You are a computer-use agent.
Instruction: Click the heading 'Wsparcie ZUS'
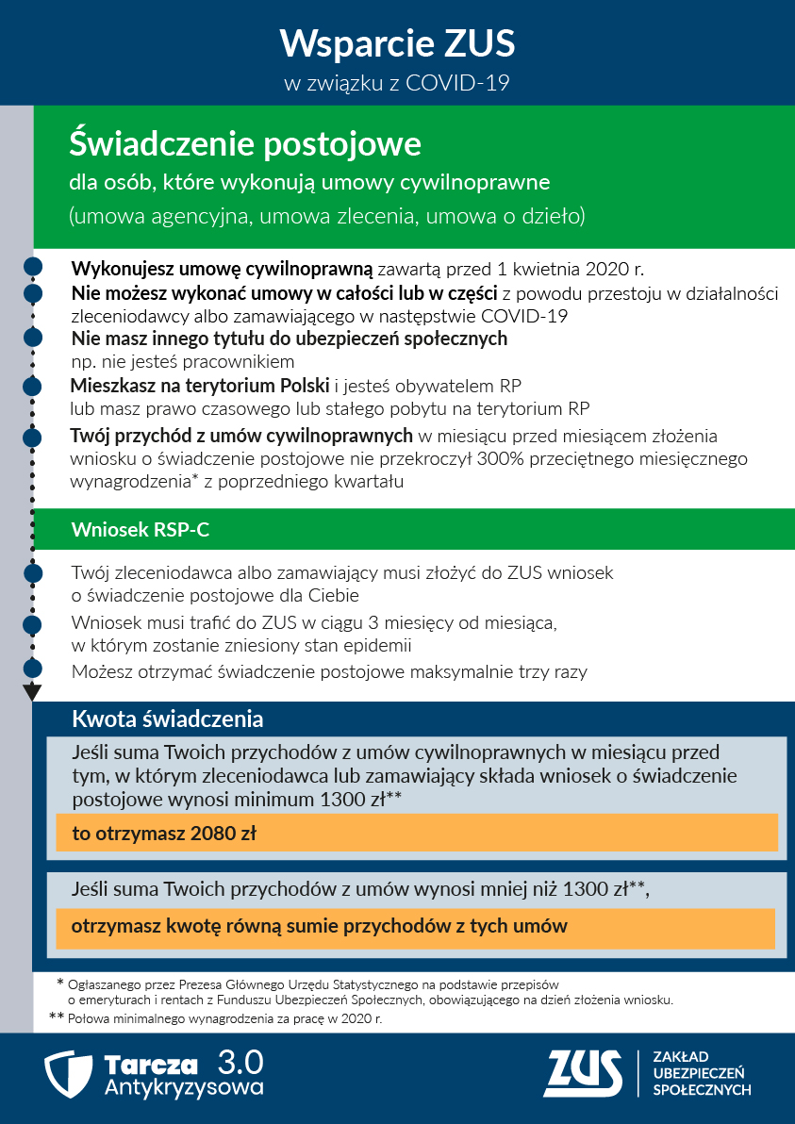pyautogui.click(x=397, y=44)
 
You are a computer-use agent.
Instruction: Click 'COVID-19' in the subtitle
pyautogui.click(x=457, y=84)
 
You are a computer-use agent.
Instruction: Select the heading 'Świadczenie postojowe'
pyautogui.click(x=245, y=144)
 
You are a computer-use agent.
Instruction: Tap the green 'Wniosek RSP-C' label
pyautogui.click(x=140, y=531)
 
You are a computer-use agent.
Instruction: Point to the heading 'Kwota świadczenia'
pyautogui.click(x=167, y=719)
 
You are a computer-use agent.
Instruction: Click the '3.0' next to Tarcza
pyautogui.click(x=240, y=1062)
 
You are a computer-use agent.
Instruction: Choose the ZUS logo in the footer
pyautogui.click(x=582, y=1074)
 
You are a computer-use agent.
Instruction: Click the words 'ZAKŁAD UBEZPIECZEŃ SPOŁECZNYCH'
pyautogui.click(x=702, y=1074)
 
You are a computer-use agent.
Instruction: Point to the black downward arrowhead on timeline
pyautogui.click(x=32, y=692)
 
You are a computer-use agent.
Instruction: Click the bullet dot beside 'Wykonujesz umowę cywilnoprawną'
pyautogui.click(x=32, y=268)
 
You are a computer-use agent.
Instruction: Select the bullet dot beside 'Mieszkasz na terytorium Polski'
pyautogui.click(x=32, y=387)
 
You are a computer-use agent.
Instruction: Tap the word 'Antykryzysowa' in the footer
pyautogui.click(x=184, y=1087)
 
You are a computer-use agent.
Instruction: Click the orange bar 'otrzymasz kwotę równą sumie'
pyautogui.click(x=415, y=927)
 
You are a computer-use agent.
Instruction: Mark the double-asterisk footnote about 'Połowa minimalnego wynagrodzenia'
pyautogui.click(x=217, y=1019)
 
